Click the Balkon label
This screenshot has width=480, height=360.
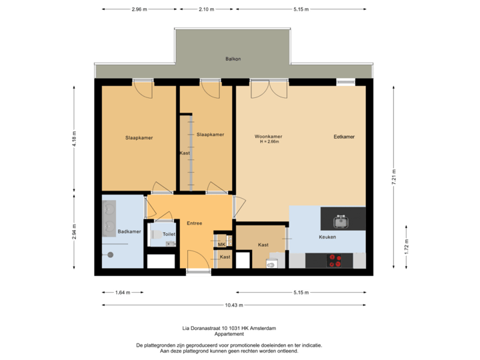coord(233,59)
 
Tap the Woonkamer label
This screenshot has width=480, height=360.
coord(268,137)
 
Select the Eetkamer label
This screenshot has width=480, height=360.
coord(344,137)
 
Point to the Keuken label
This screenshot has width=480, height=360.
coord(327,237)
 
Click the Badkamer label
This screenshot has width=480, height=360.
coord(129,231)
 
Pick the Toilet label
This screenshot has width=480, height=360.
coord(169,235)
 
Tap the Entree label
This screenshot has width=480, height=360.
coord(195,223)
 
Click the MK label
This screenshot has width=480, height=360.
coord(221,245)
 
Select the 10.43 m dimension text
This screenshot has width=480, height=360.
coord(234,305)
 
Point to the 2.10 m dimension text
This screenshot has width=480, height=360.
coord(207,9)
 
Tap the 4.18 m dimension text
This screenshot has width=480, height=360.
coord(74,138)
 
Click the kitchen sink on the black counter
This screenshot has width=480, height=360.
coord(343,218)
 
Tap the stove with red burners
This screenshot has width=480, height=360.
coord(340,261)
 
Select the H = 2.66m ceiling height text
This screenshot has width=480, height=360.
coord(268,142)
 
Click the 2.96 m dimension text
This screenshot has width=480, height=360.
coord(139,9)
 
